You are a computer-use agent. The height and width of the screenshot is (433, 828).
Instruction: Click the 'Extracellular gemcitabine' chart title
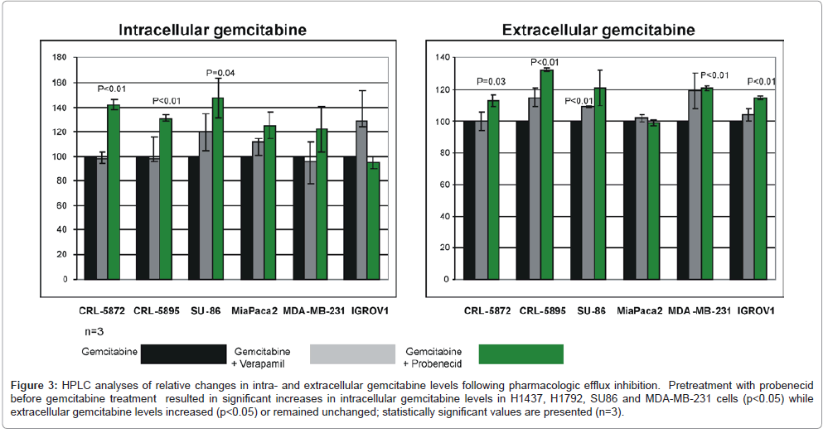pyautogui.click(x=598, y=31)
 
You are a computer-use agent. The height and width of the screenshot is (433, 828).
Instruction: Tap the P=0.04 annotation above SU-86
pyautogui.click(x=219, y=73)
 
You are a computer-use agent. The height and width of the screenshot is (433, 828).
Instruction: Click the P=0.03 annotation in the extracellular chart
pyautogui.click(x=490, y=81)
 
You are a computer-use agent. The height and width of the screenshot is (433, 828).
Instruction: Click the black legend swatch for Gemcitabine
pyautogui.click(x=183, y=354)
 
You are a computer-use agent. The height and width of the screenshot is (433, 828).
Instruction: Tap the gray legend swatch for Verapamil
pyautogui.click(x=351, y=354)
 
